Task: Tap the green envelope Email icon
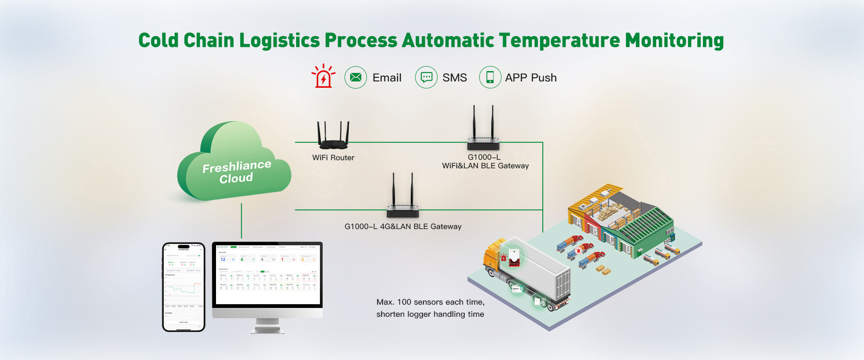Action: (x=355, y=77)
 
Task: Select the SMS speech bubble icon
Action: (x=426, y=77)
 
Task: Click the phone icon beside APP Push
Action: (x=490, y=77)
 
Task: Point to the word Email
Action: (x=387, y=78)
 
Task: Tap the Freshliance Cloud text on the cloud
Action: (x=237, y=172)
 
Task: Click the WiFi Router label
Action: (x=333, y=158)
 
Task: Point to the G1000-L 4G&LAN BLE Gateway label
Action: (x=403, y=227)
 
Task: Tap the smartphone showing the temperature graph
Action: (x=184, y=287)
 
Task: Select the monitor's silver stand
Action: (x=267, y=326)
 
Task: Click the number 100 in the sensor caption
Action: (x=405, y=302)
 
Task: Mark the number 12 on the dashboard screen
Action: (x=223, y=260)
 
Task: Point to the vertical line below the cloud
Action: (x=242, y=220)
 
